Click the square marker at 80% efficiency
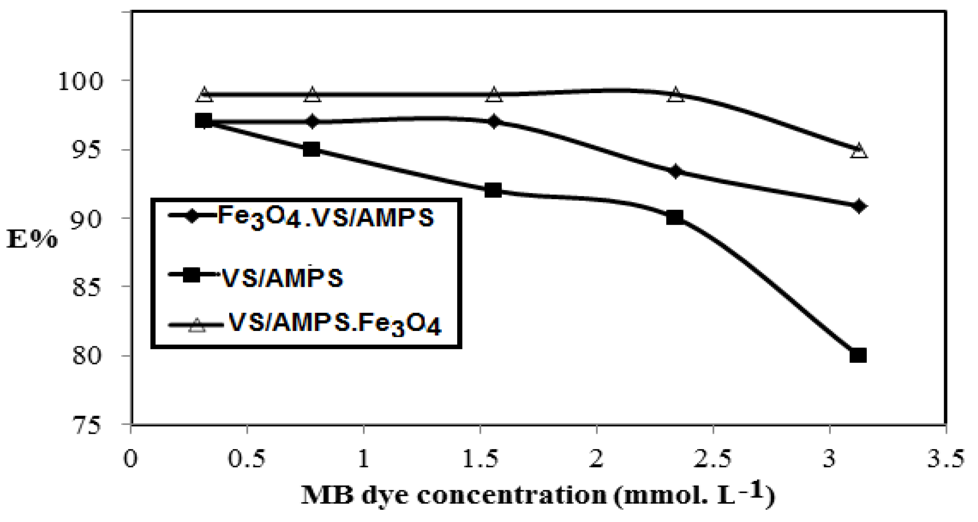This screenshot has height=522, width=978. [x=858, y=355]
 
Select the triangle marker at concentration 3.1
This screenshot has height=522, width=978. [x=859, y=150]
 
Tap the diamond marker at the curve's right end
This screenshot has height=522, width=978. [x=858, y=206]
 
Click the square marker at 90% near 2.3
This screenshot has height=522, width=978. [x=675, y=217]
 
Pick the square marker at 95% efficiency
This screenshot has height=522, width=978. [x=311, y=149]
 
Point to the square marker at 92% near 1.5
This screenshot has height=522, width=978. [x=493, y=190]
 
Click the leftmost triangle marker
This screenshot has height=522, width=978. [x=204, y=94]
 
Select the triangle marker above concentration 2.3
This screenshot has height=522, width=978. [x=676, y=94]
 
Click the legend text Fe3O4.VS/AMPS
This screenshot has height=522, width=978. [x=325, y=217]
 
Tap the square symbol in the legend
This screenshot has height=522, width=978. [x=191, y=275]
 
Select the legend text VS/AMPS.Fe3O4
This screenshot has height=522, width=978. [x=335, y=324]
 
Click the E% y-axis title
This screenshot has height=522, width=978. [x=32, y=240]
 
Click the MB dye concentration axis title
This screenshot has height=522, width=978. [x=538, y=495]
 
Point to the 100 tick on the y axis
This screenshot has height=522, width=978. [x=80, y=81]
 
